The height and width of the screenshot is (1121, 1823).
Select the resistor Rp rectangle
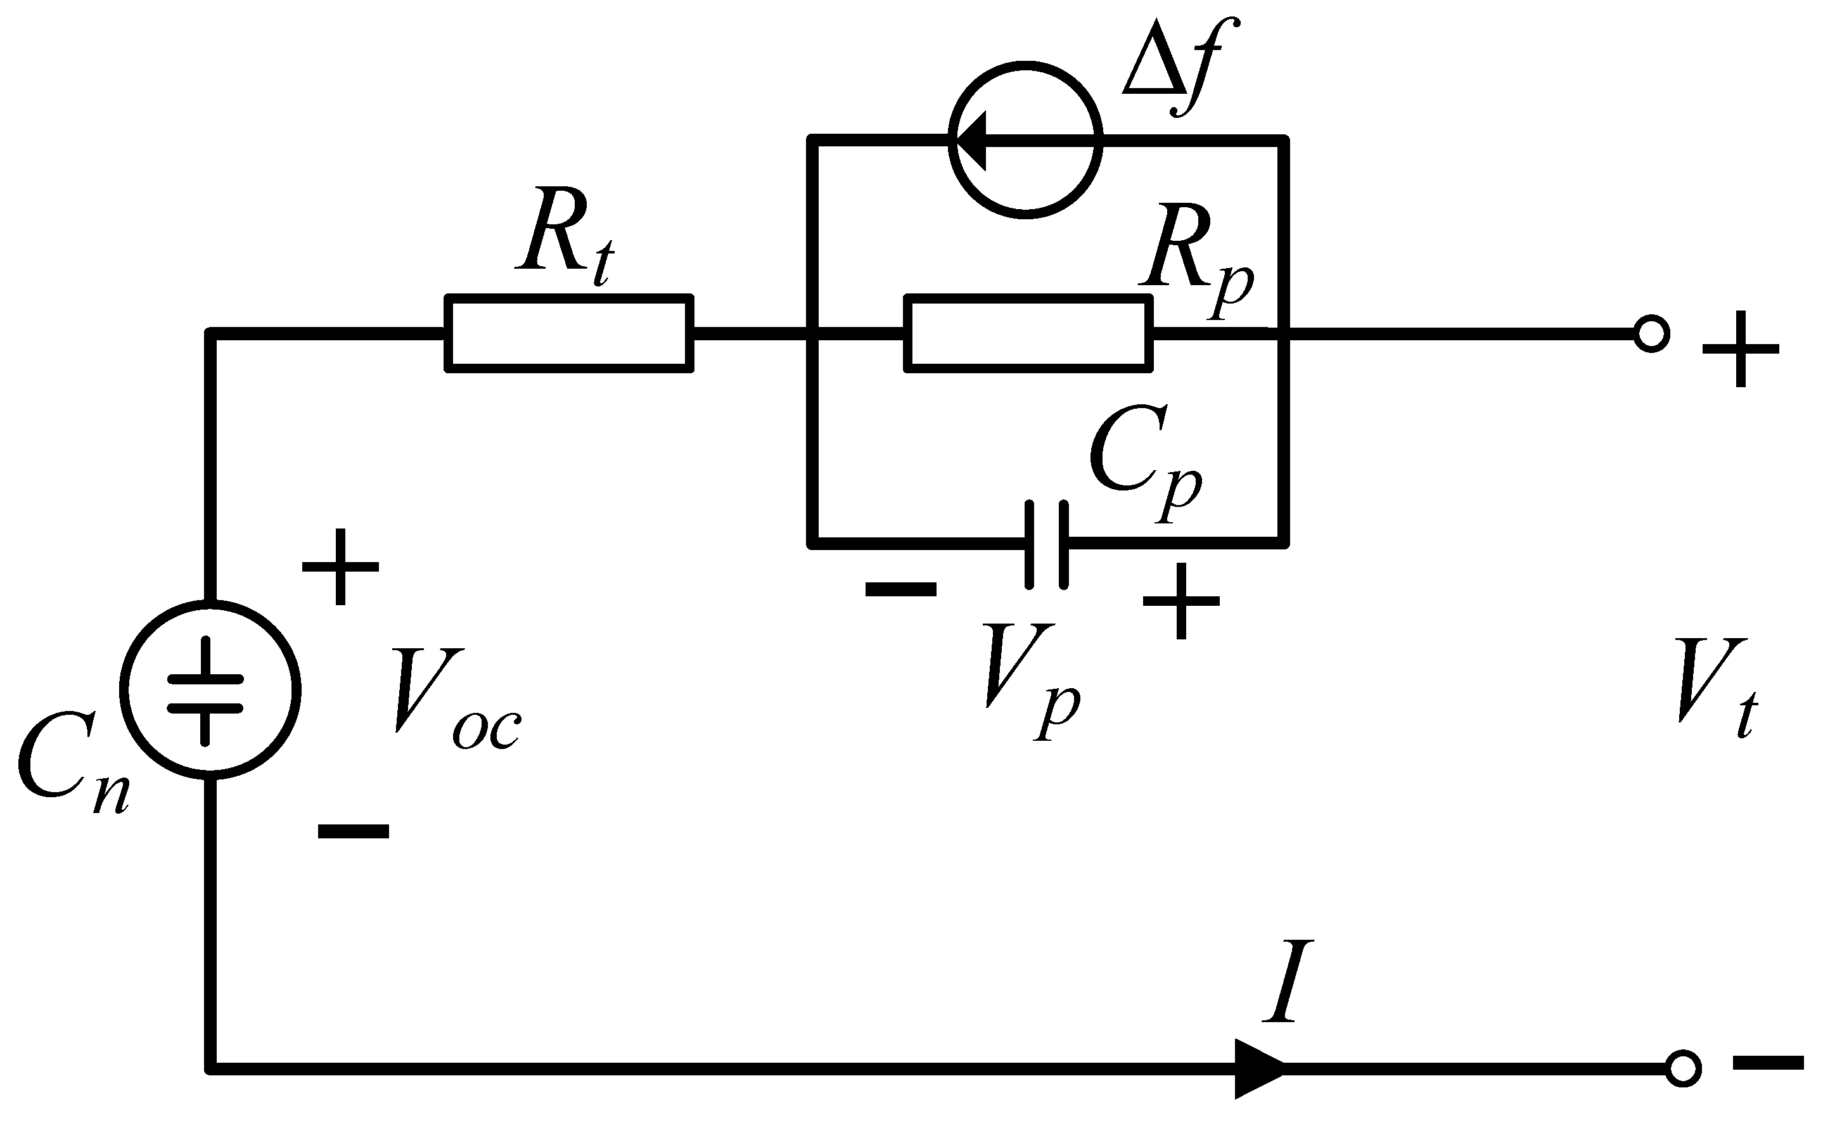1028,333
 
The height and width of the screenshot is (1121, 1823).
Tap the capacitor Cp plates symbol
1047,545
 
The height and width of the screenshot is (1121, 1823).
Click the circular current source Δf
1025,139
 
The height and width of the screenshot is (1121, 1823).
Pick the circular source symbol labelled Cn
210,689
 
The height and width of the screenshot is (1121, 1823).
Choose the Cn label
70,764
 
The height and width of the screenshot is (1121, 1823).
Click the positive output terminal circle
1651,333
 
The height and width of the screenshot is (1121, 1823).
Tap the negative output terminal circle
1683,1068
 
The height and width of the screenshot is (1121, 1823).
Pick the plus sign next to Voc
340,567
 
